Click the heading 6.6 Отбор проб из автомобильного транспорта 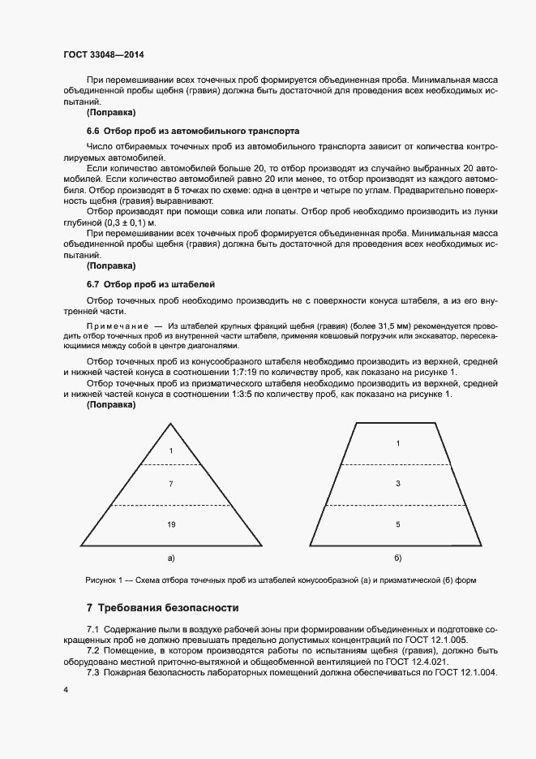point(193,130)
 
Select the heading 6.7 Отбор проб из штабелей point(150,284)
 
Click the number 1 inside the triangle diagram point(171,450)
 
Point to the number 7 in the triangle point(171,484)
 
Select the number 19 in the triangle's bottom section point(171,525)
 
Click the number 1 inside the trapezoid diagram point(397,443)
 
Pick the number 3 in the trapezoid point(397,484)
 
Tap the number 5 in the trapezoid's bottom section point(397,525)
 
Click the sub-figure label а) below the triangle point(171,558)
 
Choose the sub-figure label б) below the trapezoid point(397,558)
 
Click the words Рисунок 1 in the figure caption point(103,580)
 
